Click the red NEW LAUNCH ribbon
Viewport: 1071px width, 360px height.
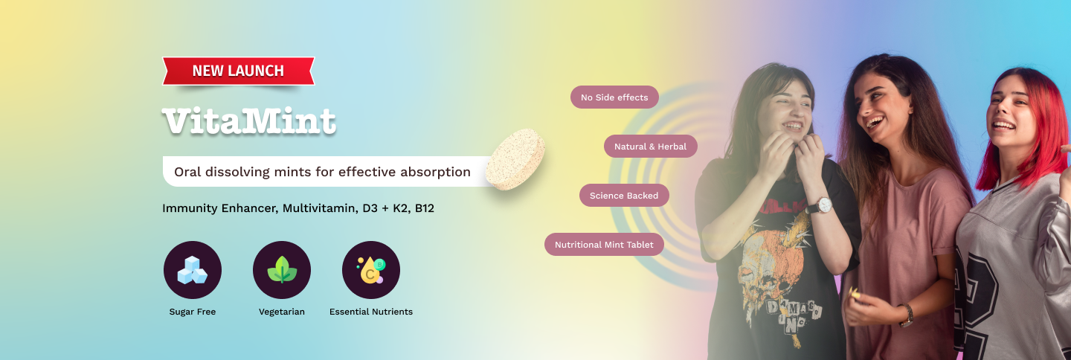[238, 71]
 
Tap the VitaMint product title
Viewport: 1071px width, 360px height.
[249, 121]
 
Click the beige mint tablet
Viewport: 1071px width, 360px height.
[515, 158]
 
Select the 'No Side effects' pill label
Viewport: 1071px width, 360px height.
[614, 97]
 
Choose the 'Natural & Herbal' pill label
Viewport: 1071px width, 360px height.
[650, 147]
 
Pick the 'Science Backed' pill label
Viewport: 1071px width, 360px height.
[624, 195]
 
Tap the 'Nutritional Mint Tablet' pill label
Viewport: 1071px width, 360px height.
[604, 244]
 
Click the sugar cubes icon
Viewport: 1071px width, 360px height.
[192, 270]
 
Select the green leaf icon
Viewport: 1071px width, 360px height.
[282, 270]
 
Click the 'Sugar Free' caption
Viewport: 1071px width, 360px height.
[192, 312]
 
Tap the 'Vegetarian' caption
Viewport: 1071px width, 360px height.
[282, 312]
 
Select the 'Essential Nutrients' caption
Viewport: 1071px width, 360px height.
[371, 312]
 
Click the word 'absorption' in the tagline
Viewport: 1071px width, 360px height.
[435, 172]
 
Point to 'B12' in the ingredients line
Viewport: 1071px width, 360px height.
[424, 208]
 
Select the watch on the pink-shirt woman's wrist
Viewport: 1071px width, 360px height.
[906, 316]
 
